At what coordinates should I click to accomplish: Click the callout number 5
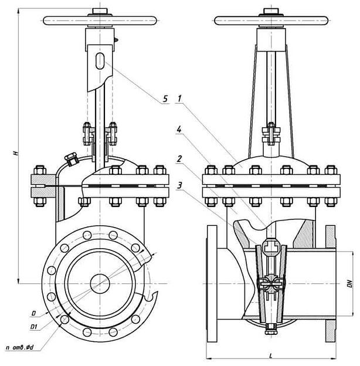click(166, 100)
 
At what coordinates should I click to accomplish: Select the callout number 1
click(181, 100)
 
